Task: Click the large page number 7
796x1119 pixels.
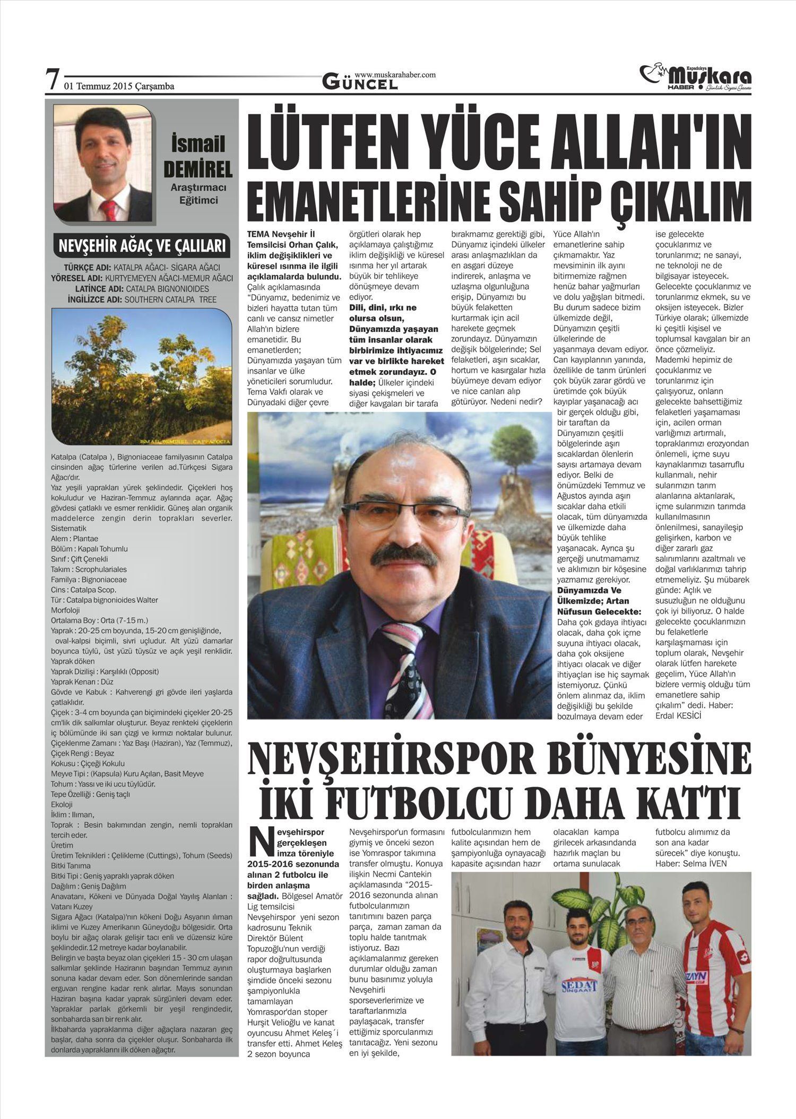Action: [51, 81]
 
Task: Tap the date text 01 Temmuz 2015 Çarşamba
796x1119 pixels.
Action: [119, 86]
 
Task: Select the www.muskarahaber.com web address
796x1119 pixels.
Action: [395, 75]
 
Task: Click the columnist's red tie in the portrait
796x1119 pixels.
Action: [108, 210]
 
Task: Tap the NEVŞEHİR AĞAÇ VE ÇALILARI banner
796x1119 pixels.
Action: [142, 246]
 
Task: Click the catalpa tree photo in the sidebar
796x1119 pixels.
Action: [142, 377]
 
